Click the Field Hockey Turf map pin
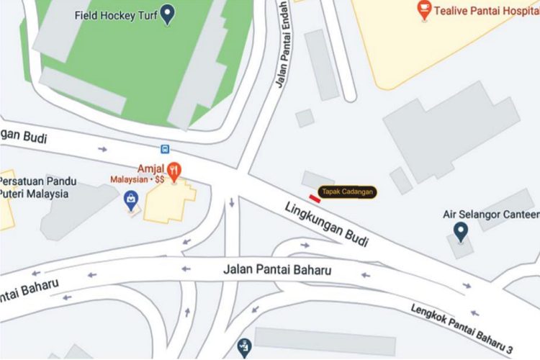tap(167, 14)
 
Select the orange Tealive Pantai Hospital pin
tap(424, 10)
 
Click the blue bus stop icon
tap(166, 149)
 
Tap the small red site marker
tap(315, 197)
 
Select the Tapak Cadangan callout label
tap(348, 192)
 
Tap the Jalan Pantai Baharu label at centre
tap(276, 271)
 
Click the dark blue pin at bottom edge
tap(244, 347)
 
